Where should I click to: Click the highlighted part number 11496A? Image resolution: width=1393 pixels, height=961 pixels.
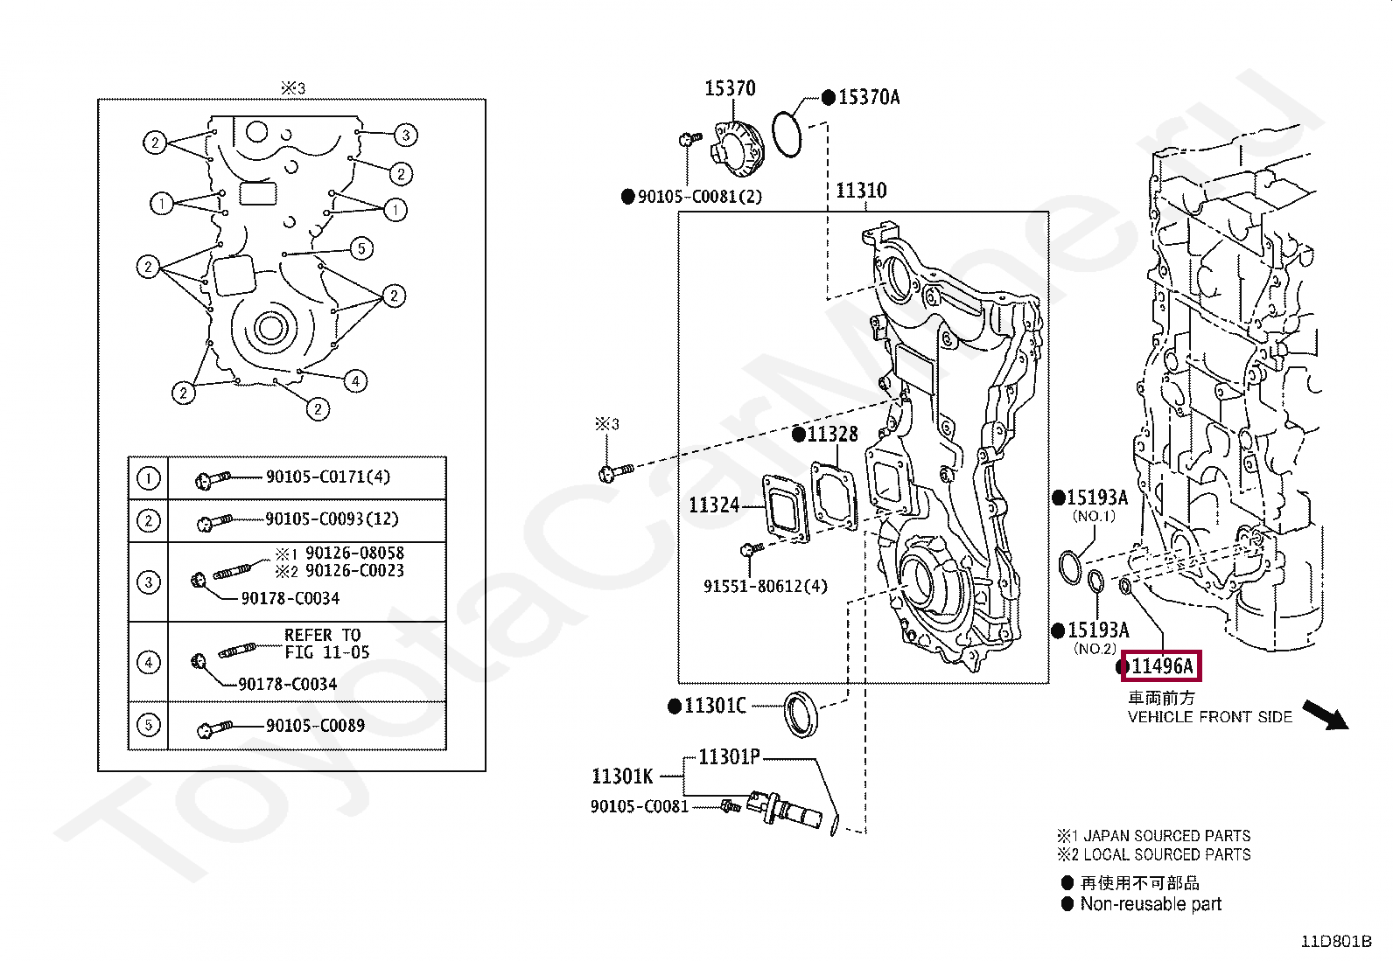click(1162, 667)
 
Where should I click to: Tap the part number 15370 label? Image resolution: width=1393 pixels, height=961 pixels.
click(730, 88)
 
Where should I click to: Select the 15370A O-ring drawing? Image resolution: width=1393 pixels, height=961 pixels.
click(787, 135)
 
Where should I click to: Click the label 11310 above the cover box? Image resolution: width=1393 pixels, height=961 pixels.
click(861, 191)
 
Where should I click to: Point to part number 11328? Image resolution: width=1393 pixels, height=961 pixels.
click(832, 435)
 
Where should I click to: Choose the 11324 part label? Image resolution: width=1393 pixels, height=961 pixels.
click(714, 505)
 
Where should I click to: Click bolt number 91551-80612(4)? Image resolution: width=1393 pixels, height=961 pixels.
click(765, 586)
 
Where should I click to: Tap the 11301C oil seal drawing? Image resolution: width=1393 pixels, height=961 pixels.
click(801, 713)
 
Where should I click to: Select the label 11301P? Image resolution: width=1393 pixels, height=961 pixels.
click(729, 756)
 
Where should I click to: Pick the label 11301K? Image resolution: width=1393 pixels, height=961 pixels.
click(622, 776)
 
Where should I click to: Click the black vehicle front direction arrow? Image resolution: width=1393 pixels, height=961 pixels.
click(1325, 714)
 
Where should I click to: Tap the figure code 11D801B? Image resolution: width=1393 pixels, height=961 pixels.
click(1336, 941)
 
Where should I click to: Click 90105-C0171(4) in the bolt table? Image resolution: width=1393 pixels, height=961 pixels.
click(328, 477)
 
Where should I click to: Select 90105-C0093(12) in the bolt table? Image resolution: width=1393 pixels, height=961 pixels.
click(332, 519)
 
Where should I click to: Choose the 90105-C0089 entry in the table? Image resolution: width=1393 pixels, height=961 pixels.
click(315, 725)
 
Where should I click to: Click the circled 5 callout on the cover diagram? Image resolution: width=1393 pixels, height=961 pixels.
click(361, 248)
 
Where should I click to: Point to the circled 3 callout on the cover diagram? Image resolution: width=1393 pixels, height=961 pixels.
click(405, 135)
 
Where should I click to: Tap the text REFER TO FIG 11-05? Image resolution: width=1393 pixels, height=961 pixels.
click(326, 644)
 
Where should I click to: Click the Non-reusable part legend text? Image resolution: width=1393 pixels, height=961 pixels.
click(1150, 904)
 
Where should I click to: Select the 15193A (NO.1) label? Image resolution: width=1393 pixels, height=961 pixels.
click(1097, 498)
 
